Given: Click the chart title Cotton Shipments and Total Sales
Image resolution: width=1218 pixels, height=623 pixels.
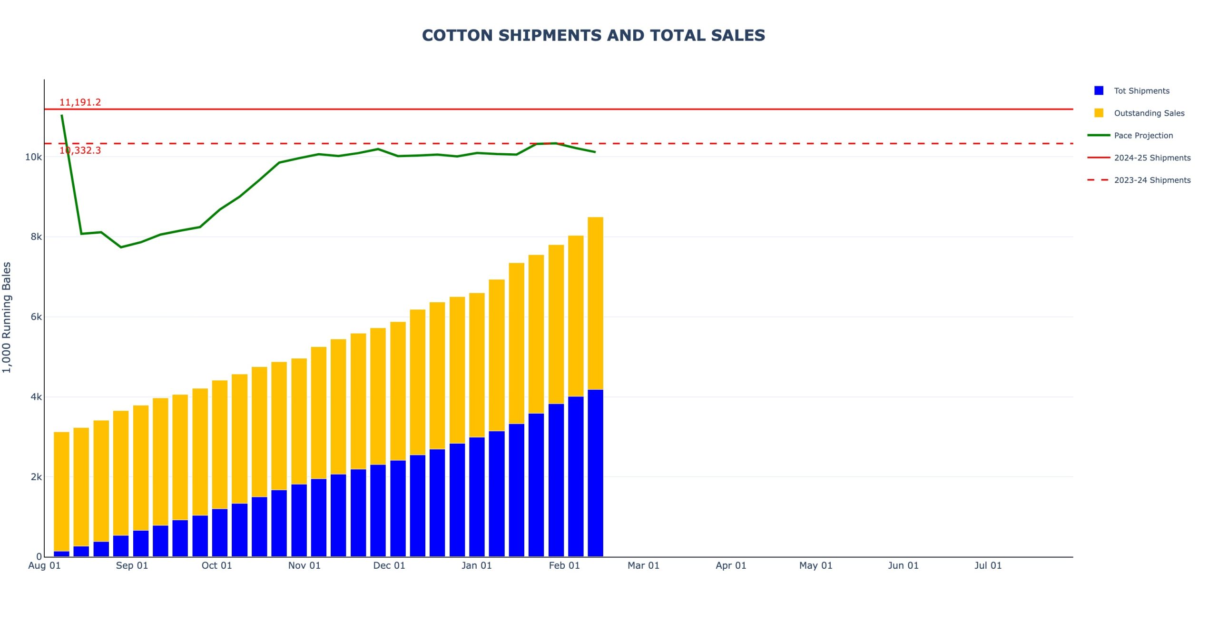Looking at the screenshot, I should coord(593,35).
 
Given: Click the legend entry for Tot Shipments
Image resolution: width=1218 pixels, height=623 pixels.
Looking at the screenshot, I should coord(1141,91).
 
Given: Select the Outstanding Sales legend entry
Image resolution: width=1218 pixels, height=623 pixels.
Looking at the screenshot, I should coord(1149,113).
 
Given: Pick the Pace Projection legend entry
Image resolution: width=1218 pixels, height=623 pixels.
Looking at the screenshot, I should coord(1143,136).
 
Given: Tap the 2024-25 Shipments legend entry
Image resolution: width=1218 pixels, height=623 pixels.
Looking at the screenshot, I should coord(1152,158).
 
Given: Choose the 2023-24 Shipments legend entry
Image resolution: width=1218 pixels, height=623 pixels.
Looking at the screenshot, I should coord(1152,180).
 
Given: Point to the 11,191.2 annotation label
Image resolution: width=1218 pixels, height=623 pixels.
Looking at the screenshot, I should coord(80,102).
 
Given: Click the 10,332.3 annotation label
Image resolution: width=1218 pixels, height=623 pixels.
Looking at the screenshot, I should coord(80,150).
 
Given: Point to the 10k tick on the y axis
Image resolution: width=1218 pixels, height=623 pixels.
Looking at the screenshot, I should coord(33,157).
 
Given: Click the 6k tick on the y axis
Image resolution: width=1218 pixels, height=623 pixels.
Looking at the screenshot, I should coord(36,317).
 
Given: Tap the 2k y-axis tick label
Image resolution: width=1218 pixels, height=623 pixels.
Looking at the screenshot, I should coord(36,477).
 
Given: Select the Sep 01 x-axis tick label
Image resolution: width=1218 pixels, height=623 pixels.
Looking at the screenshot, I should coord(132,565).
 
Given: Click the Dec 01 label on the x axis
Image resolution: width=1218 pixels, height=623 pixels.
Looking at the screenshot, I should coord(389,565).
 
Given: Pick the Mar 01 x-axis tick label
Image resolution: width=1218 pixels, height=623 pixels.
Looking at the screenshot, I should coord(643,565).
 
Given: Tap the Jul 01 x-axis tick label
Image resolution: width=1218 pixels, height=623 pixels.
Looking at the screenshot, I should coord(988,565).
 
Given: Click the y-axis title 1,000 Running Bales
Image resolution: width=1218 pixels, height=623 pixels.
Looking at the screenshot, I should coord(7,317).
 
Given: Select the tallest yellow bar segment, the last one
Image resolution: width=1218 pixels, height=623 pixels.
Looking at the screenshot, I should coord(595,303).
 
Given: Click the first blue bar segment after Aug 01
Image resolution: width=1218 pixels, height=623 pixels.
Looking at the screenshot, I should coord(61,554).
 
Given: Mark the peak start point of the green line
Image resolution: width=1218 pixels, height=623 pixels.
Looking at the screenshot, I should coord(62,115).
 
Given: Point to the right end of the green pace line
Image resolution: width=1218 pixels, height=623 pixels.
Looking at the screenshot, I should coord(595,152).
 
